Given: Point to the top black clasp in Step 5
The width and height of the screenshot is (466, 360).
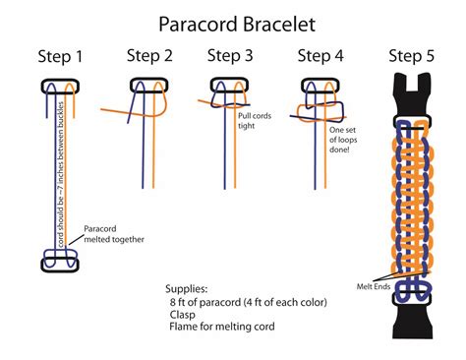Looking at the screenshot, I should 414,99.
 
